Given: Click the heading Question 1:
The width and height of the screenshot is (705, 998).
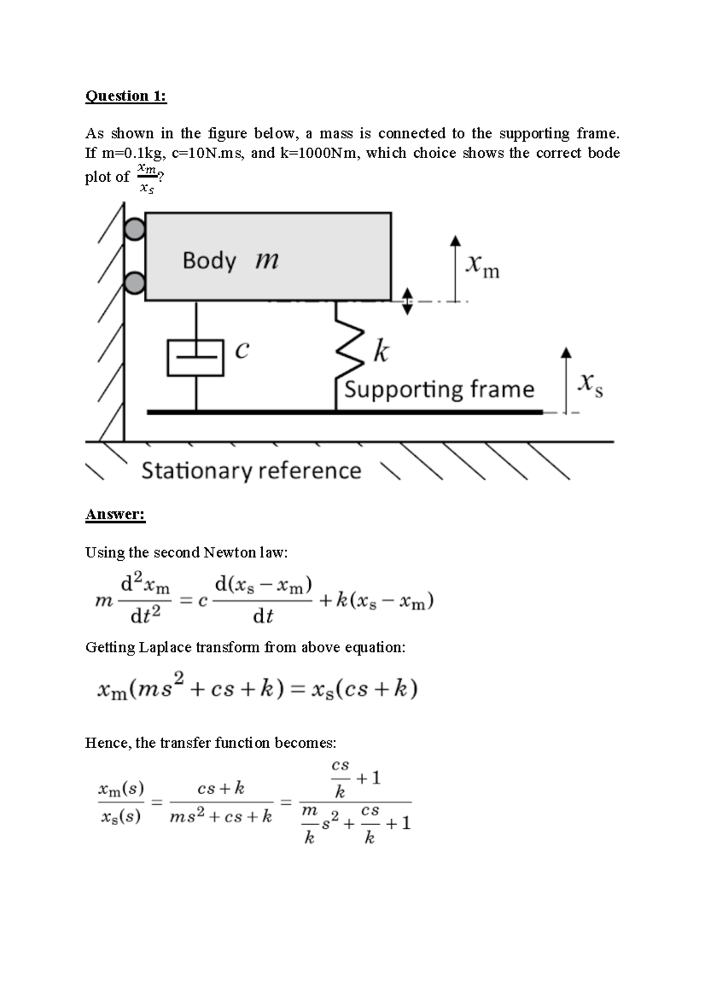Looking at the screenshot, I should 126,96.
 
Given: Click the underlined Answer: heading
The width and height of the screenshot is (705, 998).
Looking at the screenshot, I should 115,514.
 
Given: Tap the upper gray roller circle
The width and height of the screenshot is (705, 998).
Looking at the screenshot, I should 135,229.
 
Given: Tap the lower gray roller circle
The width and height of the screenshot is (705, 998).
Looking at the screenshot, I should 135,283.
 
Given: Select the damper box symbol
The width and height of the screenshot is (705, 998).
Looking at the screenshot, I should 196,357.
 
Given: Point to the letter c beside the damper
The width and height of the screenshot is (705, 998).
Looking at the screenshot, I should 241,350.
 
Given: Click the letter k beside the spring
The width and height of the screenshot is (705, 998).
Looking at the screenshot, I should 381,353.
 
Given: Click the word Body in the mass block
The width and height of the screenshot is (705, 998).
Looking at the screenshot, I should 209,260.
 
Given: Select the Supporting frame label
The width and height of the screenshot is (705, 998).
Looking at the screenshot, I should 439,389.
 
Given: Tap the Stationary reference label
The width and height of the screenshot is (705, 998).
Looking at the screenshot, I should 251,471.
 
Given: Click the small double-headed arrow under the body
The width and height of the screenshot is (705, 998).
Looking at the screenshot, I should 407,301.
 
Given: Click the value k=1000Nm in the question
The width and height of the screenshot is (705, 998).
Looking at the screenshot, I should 318,153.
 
